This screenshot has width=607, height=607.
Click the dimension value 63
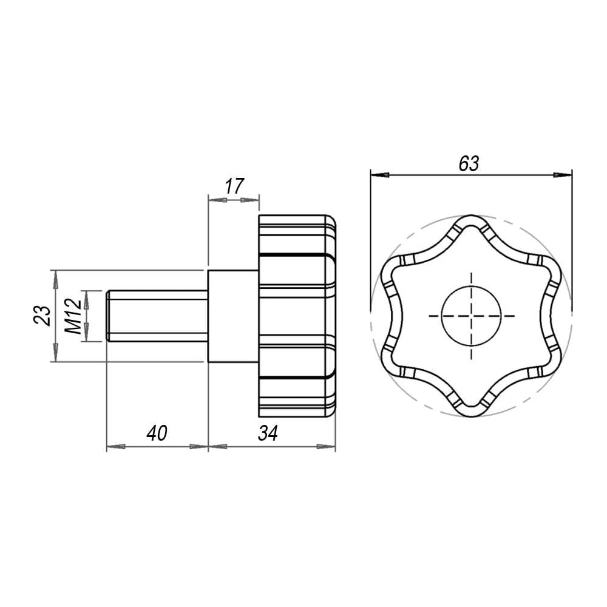point(469,163)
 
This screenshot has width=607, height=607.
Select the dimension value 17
point(234,186)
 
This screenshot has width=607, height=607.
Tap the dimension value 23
point(42,316)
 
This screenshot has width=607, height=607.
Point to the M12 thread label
point(73,316)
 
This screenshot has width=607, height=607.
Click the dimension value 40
point(157,433)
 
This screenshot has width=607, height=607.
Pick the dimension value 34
point(268,433)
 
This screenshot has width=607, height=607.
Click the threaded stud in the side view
point(157,316)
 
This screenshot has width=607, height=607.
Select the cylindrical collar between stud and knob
point(234,316)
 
